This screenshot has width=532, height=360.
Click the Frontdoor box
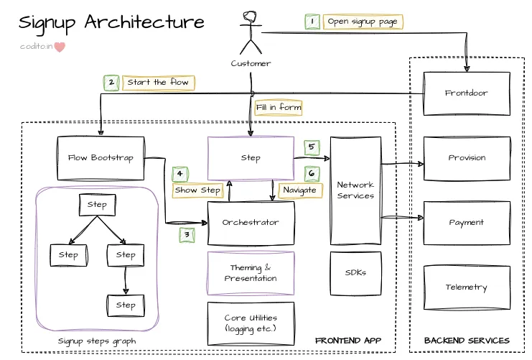(466, 93)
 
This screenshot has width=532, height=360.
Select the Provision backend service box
(466, 158)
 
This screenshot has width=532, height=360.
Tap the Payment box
(466, 223)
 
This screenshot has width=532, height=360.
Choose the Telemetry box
(466, 287)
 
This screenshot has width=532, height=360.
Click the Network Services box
(355, 190)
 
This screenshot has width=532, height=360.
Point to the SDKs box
(355, 273)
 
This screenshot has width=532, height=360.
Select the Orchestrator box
(251, 223)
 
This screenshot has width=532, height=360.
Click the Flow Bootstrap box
(101, 158)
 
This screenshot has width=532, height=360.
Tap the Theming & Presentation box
(251, 273)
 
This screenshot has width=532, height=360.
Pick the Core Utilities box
(251, 323)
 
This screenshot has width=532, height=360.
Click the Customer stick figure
(251, 32)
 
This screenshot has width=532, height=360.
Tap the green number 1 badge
(312, 22)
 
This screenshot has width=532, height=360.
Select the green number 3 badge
(187, 234)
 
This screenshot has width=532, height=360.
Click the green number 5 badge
(312, 147)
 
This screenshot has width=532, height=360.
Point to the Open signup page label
(363, 22)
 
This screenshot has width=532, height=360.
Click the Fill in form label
(278, 108)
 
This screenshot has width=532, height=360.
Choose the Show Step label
(197, 190)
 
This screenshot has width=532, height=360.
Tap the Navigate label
(299, 190)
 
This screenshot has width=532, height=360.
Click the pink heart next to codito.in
(60, 47)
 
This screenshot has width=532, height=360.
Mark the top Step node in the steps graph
(97, 205)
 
